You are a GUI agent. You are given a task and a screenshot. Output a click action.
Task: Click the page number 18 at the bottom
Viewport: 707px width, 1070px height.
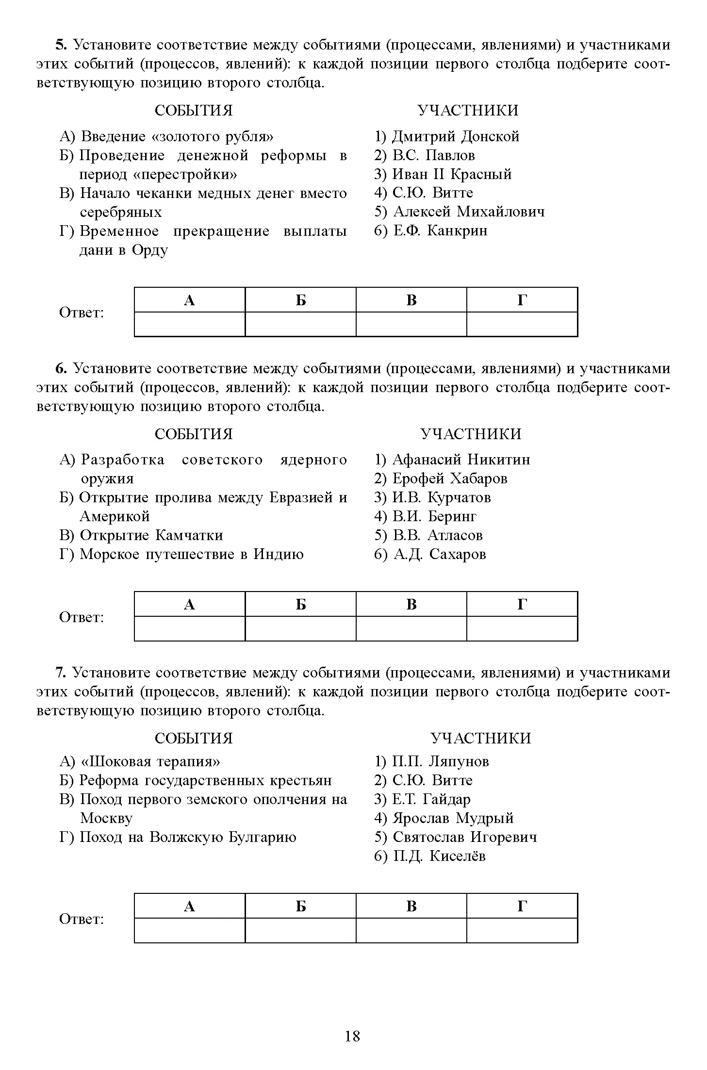pos(352,1036)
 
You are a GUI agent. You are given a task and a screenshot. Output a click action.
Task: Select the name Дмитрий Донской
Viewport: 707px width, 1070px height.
pos(455,136)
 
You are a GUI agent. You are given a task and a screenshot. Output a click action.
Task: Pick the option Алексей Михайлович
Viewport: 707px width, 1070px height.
pos(468,212)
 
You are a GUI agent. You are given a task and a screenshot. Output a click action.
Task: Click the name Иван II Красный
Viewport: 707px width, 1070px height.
pos(451,174)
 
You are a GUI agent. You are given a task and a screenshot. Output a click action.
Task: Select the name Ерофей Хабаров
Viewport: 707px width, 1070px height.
pos(449,478)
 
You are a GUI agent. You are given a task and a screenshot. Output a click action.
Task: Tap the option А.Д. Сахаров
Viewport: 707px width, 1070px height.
pos(439,554)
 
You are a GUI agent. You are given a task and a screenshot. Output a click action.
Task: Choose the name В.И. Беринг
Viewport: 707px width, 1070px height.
pos(434,516)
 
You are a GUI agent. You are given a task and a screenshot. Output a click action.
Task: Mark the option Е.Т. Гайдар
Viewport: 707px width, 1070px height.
pos(431,799)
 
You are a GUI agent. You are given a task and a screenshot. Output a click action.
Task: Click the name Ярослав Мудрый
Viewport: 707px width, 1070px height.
pos(452,818)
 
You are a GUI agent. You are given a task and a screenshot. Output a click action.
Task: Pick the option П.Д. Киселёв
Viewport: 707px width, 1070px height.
pos(439,856)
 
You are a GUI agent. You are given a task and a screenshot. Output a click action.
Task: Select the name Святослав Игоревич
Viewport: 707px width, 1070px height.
pos(464,837)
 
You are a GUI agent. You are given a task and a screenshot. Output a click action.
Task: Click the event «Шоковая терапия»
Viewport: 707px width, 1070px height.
pos(149,761)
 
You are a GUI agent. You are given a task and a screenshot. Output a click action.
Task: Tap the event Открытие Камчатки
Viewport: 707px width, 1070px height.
pos(151,535)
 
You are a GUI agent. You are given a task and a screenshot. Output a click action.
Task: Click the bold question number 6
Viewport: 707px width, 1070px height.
pos(60,369)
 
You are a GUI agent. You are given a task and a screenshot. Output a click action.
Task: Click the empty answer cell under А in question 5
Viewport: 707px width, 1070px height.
pos(190,324)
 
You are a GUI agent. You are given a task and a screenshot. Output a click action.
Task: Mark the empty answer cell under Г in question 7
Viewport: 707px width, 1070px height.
pos(522,930)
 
